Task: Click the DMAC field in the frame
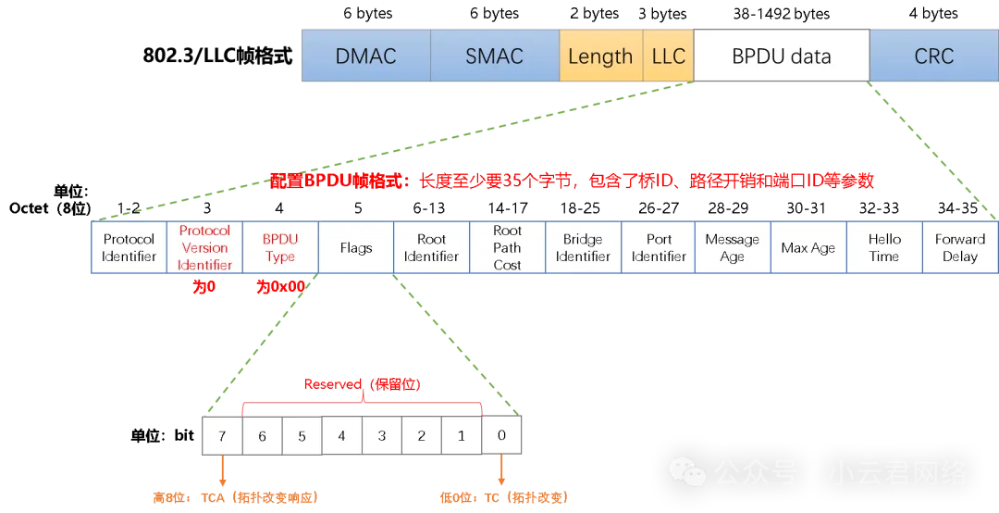pyautogui.click(x=365, y=56)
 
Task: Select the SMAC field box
pyautogui.click(x=494, y=56)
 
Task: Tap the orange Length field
pyautogui.click(x=600, y=56)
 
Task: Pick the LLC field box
pyautogui.click(x=668, y=56)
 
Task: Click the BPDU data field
pyautogui.click(x=781, y=56)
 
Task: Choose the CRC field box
pyautogui.click(x=933, y=56)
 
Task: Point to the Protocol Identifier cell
pyautogui.click(x=129, y=247)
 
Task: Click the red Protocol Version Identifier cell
pyautogui.click(x=204, y=247)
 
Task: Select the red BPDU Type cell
pyautogui.click(x=280, y=247)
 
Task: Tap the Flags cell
pyautogui.click(x=356, y=247)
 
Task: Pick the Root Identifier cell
pyautogui.click(x=431, y=247)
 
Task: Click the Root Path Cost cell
pyautogui.click(x=507, y=247)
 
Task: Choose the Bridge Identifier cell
pyautogui.click(x=583, y=247)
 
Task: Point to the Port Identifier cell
pyautogui.click(x=659, y=247)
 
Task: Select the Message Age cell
pyautogui.click(x=732, y=247)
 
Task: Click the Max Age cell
pyautogui.click(x=808, y=247)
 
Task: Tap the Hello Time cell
pyautogui.click(x=884, y=247)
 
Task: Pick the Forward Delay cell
pyautogui.click(x=960, y=247)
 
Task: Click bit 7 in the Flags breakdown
pyautogui.click(x=222, y=435)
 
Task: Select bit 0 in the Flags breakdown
pyautogui.click(x=501, y=434)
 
